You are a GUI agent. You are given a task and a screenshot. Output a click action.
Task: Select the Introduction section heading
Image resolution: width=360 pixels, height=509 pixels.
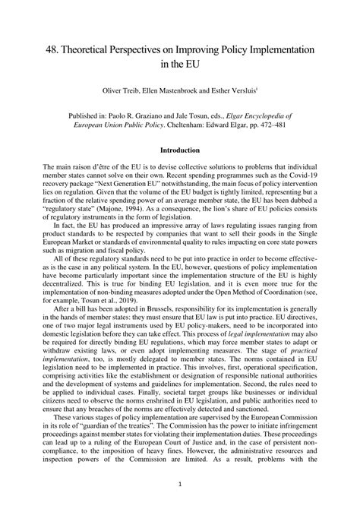pos(180,150)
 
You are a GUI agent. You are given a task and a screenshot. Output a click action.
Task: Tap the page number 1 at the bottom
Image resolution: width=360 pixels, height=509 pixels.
pos(180,483)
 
